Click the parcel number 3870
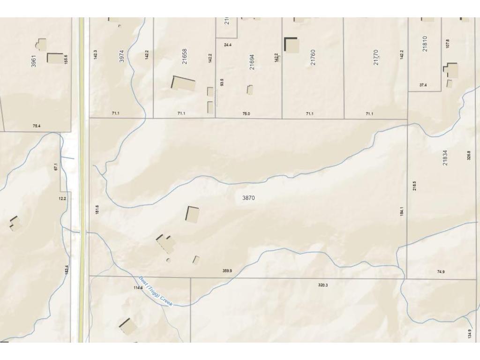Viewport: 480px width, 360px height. pyautogui.click(x=248, y=198)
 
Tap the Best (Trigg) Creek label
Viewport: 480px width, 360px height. pyautogui.click(x=156, y=291)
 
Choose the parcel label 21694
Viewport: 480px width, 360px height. pyautogui.click(x=252, y=62)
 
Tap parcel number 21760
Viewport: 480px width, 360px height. pyautogui.click(x=313, y=57)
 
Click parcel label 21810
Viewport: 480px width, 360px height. pyautogui.click(x=425, y=44)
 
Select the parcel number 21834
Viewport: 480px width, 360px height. pyautogui.click(x=445, y=157)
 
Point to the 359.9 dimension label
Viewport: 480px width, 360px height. pyautogui.click(x=227, y=271)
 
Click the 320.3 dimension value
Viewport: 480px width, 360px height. pyautogui.click(x=323, y=285)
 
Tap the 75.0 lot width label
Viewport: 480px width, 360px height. pyautogui.click(x=246, y=114)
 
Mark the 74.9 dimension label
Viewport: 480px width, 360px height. pyautogui.click(x=441, y=272)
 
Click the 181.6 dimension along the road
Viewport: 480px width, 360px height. pyautogui.click(x=97, y=210)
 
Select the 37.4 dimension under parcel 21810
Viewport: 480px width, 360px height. pyautogui.click(x=423, y=85)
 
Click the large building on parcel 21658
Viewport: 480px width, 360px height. pyautogui.click(x=184, y=84)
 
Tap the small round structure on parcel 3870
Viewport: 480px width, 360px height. pyautogui.click(x=169, y=260)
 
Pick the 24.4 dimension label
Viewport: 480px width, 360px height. pyautogui.click(x=228, y=45)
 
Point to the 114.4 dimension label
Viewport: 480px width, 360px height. pyautogui.click(x=138, y=287)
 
